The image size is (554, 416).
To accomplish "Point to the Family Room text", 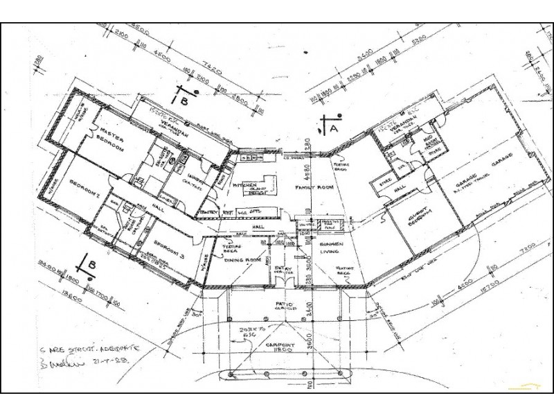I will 313,188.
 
